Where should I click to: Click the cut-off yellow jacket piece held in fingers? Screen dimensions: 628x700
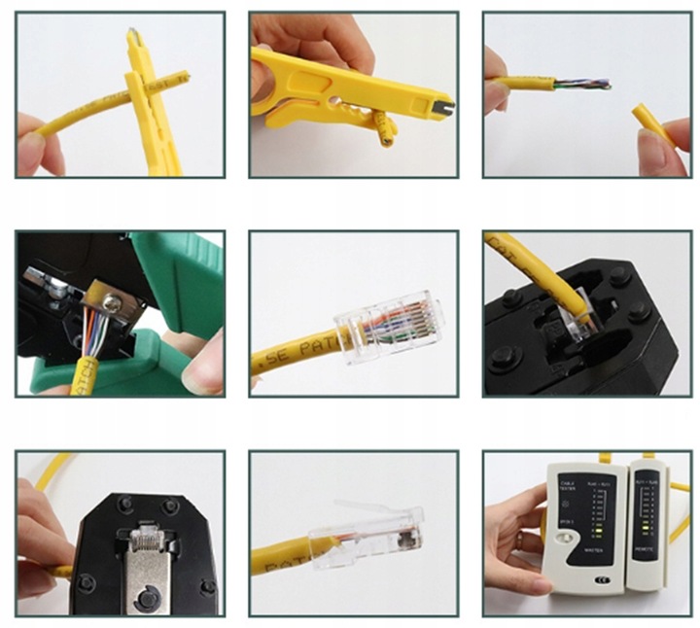pyautogui.click(x=649, y=124)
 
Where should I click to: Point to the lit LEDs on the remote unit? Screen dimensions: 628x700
pyautogui.click(x=652, y=531)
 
